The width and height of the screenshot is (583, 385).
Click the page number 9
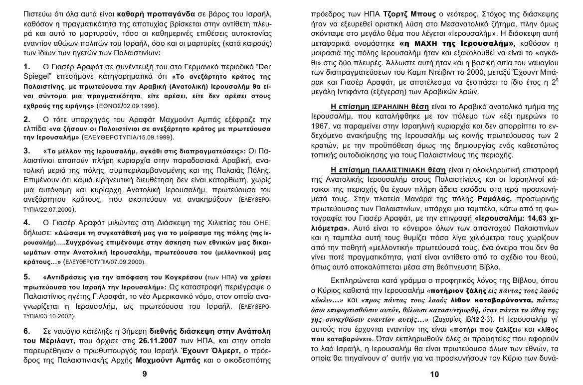145,374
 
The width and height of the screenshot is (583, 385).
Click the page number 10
433,374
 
